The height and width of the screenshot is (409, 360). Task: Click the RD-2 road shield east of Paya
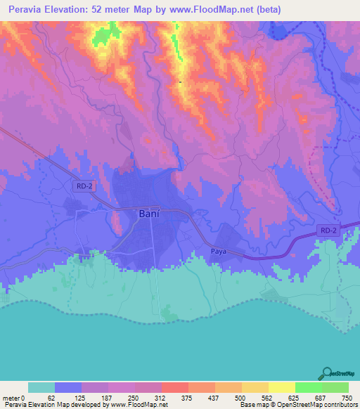tap(327, 230)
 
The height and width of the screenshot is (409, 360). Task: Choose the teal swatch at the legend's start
tap(41, 387)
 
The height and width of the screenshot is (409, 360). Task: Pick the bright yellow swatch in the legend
tap(281, 387)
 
